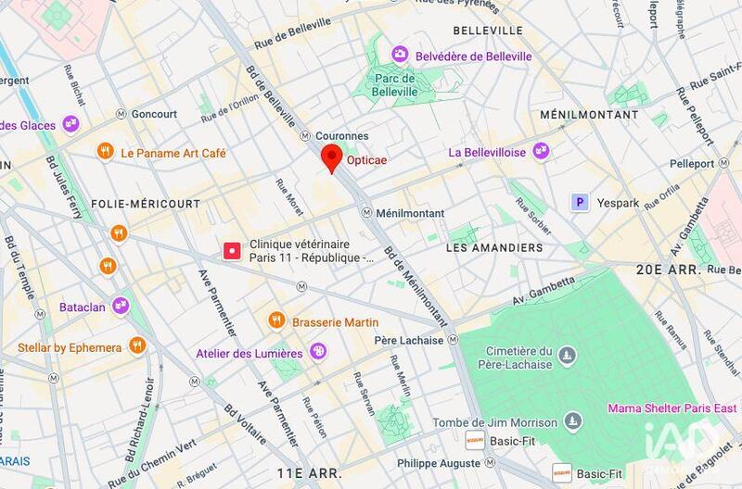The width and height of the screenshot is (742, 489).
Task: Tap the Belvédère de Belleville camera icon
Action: pos(401,56)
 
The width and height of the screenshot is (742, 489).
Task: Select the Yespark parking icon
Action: pos(581,201)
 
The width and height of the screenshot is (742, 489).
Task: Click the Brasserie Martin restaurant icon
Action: pos(276,320)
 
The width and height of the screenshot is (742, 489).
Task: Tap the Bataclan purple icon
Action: pos(121,304)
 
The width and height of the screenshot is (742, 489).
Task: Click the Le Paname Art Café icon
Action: pos(107,152)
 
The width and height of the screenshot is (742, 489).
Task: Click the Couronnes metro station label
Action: pos(342,135)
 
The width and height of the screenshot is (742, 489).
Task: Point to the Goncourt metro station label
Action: pos(154,114)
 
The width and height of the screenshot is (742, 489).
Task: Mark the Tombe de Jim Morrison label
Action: pos(496,423)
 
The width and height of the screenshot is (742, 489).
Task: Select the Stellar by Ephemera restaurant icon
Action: pos(137,346)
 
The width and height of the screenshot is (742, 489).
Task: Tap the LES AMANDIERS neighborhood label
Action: pos(493,248)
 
